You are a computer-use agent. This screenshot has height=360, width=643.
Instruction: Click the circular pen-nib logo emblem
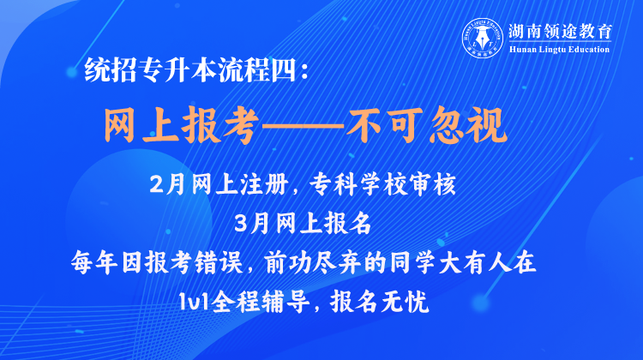[483, 38]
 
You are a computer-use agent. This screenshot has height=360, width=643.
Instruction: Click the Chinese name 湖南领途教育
[560, 31]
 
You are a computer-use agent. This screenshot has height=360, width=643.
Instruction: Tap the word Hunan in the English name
[521, 50]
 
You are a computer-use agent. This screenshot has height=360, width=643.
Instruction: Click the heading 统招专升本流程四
[190, 70]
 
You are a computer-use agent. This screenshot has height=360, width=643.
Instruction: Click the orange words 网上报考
[181, 125]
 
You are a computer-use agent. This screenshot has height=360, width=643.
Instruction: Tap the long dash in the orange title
[303, 126]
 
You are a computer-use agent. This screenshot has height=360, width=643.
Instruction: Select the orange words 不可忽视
[426, 125]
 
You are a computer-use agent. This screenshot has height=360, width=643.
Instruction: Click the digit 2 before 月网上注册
[157, 185]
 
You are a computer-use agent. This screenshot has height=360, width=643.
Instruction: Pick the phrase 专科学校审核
[382, 184]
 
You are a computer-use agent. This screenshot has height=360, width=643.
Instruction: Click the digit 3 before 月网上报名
[242, 224]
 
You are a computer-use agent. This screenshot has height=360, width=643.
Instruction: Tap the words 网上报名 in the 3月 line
[323, 224]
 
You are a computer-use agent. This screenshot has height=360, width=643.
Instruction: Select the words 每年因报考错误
[157, 262]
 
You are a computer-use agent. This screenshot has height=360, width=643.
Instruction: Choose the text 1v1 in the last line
[194, 303]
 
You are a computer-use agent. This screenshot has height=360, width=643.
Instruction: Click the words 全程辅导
[260, 303]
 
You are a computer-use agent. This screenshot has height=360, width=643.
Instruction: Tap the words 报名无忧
[380, 303]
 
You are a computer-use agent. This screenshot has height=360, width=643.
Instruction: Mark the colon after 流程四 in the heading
[303, 70]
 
